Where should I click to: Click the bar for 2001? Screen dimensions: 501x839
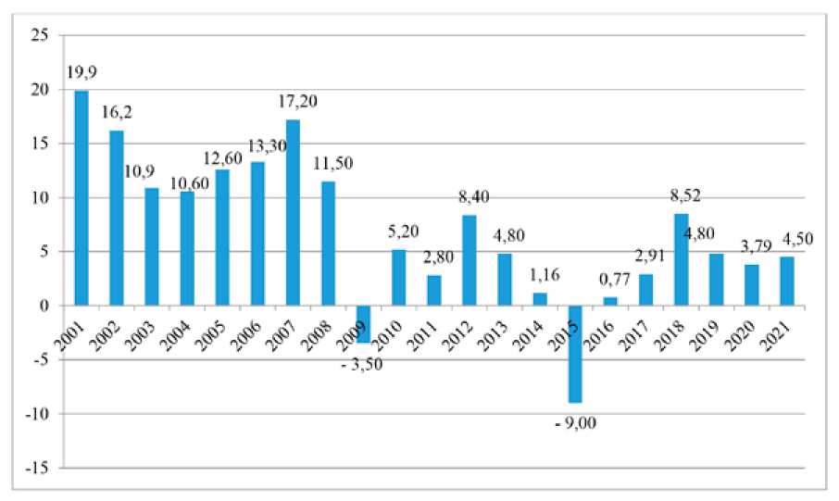81,197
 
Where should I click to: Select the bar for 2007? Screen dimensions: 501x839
294,212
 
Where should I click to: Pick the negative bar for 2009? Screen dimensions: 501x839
364,324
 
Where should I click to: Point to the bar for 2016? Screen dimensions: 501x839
610,301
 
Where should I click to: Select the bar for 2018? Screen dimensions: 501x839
681,259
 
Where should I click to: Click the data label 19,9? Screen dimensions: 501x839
81,73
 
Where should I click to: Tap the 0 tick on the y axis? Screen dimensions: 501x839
42,306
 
